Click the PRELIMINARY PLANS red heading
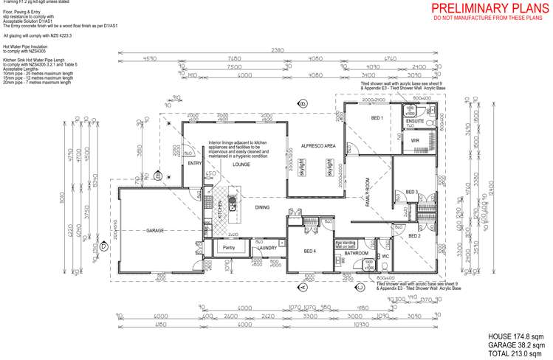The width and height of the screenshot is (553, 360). coord(490,8)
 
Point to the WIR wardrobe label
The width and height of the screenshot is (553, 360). coord(415,139)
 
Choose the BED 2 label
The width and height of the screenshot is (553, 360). coord(414,235)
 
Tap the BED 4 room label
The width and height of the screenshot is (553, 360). coord(310,252)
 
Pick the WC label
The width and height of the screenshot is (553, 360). coord(385,257)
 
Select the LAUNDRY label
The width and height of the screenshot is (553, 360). coord(267,249)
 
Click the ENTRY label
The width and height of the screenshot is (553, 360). coord(195,164)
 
